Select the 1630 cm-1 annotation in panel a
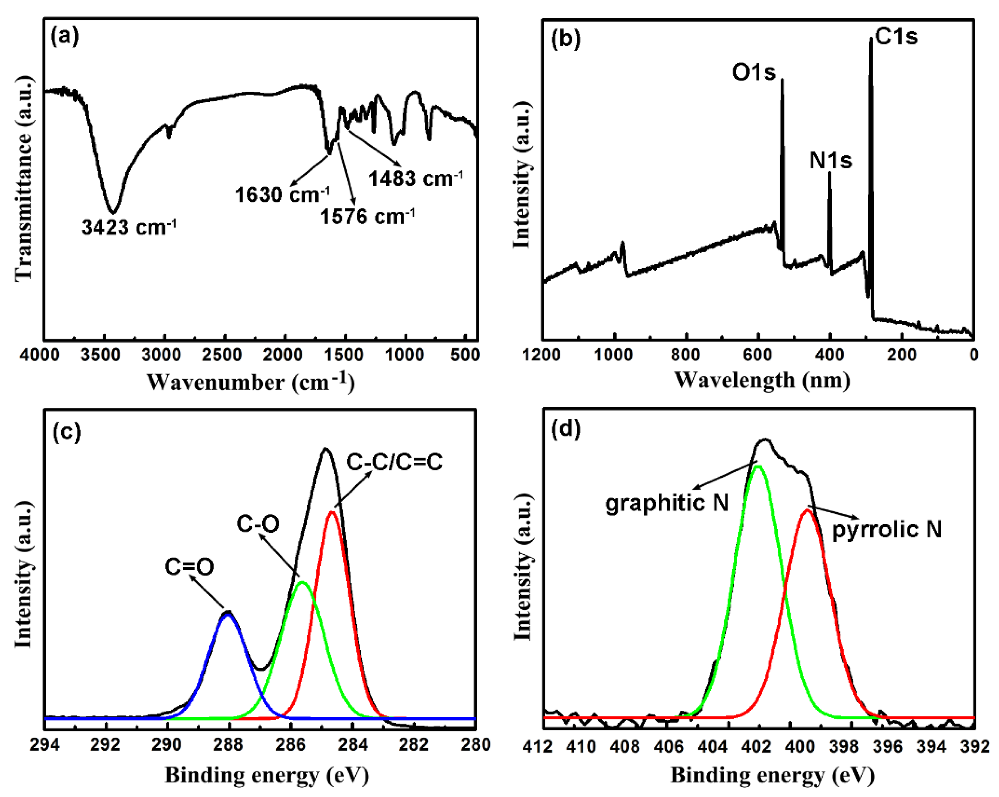[x=282, y=194]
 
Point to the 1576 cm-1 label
[x=367, y=216]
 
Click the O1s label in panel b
[x=753, y=72]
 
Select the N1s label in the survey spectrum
[x=830, y=161]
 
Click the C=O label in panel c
[x=189, y=567]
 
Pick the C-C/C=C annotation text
[x=394, y=462]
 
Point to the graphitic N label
[x=667, y=502]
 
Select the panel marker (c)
[x=67, y=431]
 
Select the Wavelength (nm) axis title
[x=762, y=380]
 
